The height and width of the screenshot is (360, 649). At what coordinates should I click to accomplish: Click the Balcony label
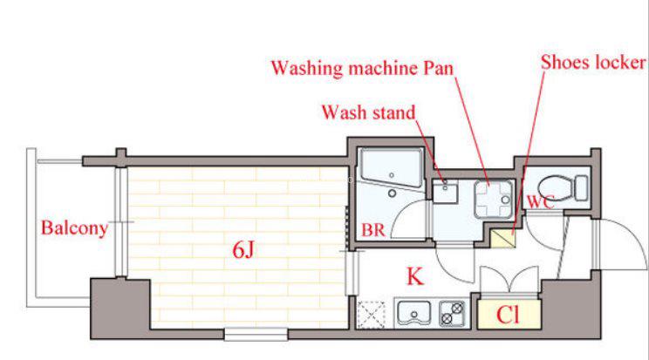pos(74,228)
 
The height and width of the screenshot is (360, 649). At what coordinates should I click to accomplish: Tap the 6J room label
pos(243,249)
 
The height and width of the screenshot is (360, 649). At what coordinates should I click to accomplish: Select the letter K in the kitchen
pos(415,276)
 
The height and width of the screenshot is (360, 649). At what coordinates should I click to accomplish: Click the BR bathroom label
pos(373,230)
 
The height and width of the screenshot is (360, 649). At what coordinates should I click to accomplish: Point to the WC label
pos(540,201)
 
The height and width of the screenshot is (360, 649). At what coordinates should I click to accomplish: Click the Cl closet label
pos(508,315)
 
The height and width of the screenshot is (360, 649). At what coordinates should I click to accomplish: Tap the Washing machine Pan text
pos(362,68)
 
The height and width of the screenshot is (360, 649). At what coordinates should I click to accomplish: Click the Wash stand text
pos(368,112)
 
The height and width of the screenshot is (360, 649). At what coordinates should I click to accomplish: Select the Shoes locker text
pos(593,63)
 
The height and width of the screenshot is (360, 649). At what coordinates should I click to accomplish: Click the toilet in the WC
pos(564,188)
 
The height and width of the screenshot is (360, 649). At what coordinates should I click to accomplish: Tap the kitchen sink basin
pos(413,313)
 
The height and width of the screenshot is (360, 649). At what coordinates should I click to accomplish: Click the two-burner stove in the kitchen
pos(452,313)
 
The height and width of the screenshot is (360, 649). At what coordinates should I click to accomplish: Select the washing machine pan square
pos(493,200)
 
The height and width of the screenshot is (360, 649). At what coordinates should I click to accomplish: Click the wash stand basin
pos(445,194)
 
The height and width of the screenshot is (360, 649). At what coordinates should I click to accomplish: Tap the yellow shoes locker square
pos(503,238)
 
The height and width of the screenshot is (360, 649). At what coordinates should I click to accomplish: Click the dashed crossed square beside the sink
pos(372,315)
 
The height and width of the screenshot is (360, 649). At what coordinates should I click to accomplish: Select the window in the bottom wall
pos(256,335)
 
